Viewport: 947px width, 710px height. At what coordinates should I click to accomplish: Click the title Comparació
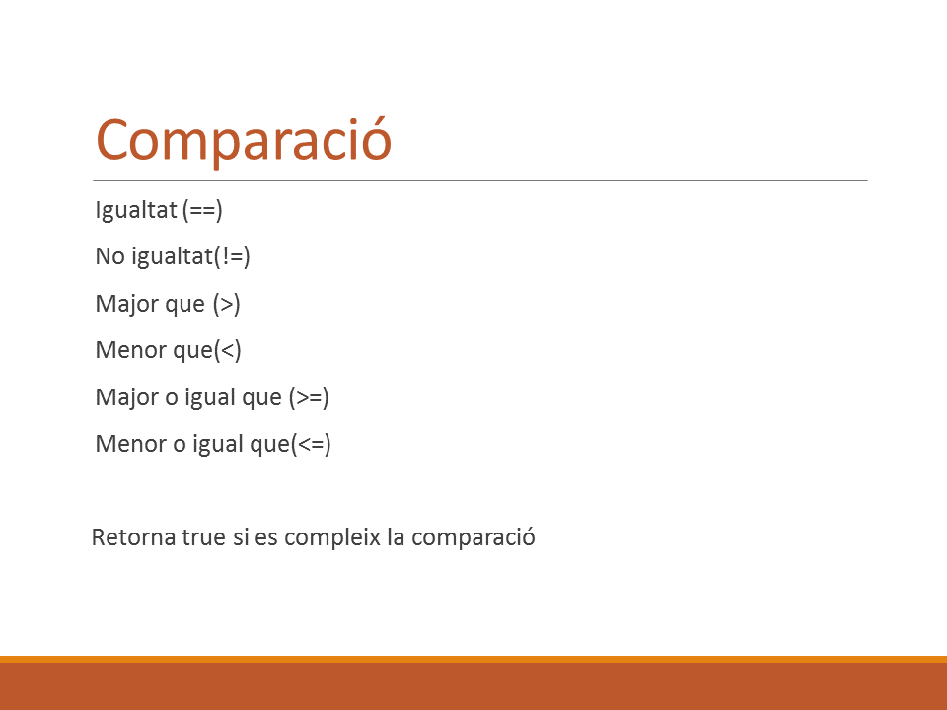[x=244, y=140]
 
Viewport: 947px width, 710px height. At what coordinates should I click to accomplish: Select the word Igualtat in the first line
[x=136, y=210]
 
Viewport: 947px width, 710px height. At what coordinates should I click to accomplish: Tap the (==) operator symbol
[x=202, y=210]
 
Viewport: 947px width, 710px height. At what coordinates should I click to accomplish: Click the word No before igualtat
[x=109, y=256]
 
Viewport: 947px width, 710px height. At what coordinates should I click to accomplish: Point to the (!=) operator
[x=232, y=256]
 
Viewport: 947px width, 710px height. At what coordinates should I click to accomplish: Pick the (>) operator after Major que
[x=227, y=304]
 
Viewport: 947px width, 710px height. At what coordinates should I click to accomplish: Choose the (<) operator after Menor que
[x=228, y=350]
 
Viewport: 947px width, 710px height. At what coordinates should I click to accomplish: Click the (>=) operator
[x=309, y=397]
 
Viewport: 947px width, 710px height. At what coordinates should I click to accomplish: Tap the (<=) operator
[x=311, y=444]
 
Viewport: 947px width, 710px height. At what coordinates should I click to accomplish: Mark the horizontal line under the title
[x=480, y=180]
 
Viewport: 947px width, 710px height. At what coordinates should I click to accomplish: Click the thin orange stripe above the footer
[x=473, y=660]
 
